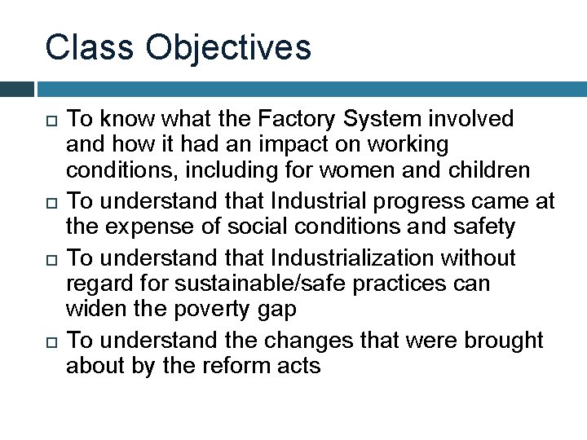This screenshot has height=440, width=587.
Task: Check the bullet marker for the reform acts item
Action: click(50, 341)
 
